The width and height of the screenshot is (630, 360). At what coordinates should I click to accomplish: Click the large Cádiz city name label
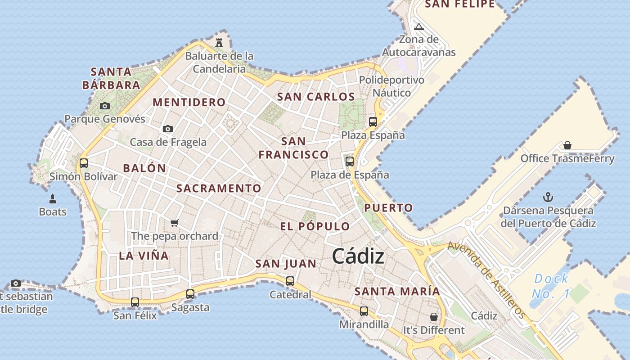(358, 256)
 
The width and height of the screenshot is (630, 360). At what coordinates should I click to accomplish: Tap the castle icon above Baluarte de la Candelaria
(219, 43)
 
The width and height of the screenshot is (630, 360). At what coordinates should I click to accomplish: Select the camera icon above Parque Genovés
(105, 106)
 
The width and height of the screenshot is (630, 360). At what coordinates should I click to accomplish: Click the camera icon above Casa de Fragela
(168, 129)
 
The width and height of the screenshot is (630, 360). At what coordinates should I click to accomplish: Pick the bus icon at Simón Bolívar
(84, 163)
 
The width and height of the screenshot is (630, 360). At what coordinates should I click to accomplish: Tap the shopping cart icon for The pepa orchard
(175, 223)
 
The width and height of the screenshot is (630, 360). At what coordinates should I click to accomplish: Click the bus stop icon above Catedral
(290, 281)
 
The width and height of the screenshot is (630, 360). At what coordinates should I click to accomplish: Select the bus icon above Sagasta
(190, 294)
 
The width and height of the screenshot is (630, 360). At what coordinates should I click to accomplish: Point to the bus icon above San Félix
(135, 302)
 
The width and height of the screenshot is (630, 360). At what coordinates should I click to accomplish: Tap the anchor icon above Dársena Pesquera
(548, 197)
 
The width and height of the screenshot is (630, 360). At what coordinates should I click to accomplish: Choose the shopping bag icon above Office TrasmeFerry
(567, 145)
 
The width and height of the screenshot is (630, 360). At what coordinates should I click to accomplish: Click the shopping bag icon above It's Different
(433, 317)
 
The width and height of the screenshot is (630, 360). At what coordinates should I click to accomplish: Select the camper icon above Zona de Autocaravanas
(419, 27)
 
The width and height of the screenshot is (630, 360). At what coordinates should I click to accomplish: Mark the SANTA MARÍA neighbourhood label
(397, 291)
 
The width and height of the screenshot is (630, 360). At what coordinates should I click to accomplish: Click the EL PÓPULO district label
(315, 226)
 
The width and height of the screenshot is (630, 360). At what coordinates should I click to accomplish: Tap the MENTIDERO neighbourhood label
(189, 102)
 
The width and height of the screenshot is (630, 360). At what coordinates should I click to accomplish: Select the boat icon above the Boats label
(53, 199)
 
